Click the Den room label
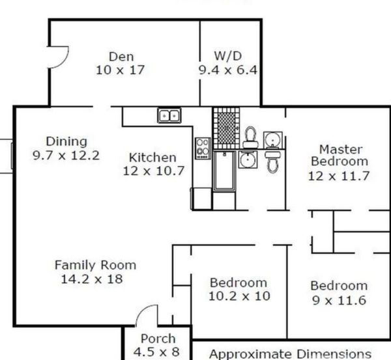121,57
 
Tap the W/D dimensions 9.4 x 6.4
227,70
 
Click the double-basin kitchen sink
169,116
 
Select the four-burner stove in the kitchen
203,148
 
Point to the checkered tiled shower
226,128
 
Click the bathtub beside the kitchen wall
224,171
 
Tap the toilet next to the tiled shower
251,138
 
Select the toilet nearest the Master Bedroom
273,161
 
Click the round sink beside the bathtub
248,159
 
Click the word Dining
66,141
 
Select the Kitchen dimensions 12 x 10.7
154,171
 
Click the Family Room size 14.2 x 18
92,279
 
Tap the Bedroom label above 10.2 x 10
239,283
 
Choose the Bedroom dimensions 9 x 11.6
339,301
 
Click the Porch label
158,339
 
